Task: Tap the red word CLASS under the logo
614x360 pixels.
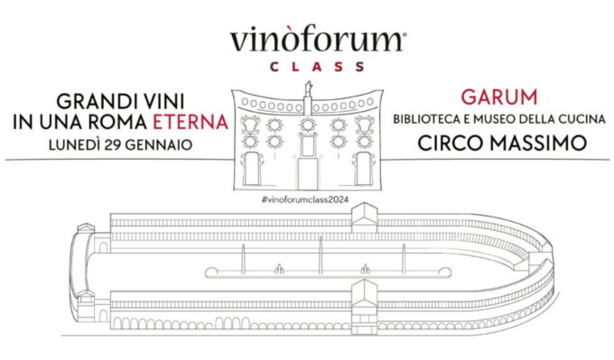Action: click(306, 66)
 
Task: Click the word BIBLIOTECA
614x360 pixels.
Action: click(431, 119)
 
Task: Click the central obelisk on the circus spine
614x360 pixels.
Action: click(320, 255)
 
